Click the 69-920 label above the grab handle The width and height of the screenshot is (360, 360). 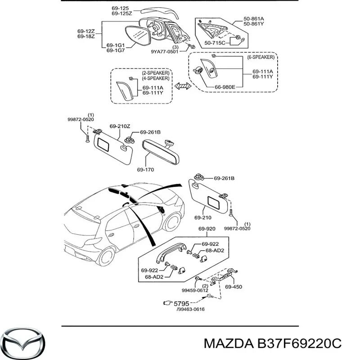pos(207,229)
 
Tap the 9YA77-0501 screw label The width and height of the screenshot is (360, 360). pos(165,52)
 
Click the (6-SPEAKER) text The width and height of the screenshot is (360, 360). pos(261,58)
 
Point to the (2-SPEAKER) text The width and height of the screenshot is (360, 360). pos(156,72)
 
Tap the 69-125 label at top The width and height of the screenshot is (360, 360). pos(121,8)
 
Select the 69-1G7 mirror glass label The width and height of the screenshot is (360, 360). pos(116,51)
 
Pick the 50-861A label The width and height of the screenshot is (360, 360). pos(254,18)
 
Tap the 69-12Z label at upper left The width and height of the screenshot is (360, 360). pos(85,31)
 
